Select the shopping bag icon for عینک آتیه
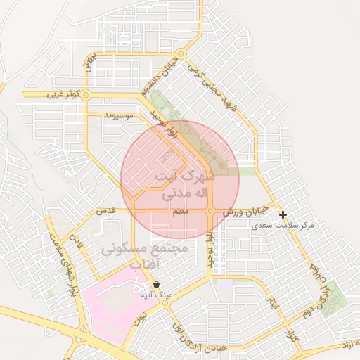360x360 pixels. pos(155,284)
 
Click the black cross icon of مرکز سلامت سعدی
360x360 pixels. pos(283,214)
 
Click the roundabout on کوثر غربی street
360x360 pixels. pos(86,94)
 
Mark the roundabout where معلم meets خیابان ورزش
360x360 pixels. pos(211,211)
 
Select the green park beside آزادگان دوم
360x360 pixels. pos(336,295)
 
